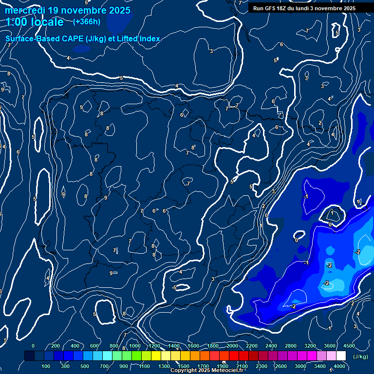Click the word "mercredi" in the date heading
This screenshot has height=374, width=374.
tap(25, 10)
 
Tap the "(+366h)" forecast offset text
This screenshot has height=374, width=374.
tap(87, 21)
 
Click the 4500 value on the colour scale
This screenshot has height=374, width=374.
tap(349, 346)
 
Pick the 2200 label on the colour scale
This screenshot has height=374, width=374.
tap(252, 346)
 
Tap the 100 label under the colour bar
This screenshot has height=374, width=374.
tap(46, 366)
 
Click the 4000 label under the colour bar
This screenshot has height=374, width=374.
tap(339, 366)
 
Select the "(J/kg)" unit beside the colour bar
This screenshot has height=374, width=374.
tap(360, 356)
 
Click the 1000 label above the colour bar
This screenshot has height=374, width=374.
tap(134, 346)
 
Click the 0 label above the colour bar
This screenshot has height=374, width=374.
tap(33, 346)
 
